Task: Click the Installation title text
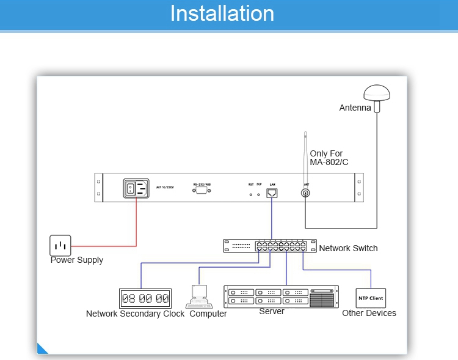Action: [x=222, y=13]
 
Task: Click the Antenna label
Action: [x=355, y=108]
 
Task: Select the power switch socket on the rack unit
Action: [x=136, y=188]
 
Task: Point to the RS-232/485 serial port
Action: [x=202, y=191]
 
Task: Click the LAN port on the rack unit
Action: [x=272, y=193]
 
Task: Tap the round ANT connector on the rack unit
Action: [x=306, y=194]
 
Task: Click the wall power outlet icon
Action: [x=60, y=245]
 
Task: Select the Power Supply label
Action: [x=77, y=260]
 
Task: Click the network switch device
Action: [x=269, y=246]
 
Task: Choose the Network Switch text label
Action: [x=348, y=248]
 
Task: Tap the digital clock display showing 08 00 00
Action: [x=145, y=298]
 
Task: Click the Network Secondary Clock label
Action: [x=135, y=314]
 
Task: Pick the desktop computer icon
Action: [x=198, y=296]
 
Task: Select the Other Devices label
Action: [x=369, y=313]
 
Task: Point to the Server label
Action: [x=272, y=311]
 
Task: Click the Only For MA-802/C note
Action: [x=329, y=158]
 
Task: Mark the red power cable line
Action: [x=136, y=226]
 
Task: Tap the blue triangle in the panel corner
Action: [x=42, y=349]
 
